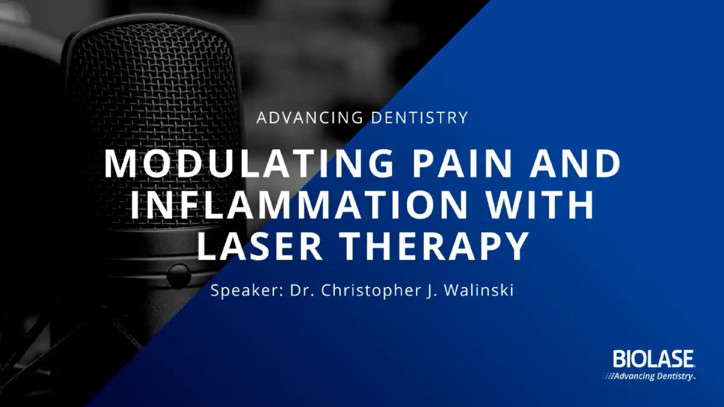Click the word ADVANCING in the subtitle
[310, 117]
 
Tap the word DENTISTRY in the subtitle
[419, 117]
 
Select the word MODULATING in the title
[249, 164]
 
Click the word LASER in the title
[260, 245]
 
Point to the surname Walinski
[478, 290]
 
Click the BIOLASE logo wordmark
[653, 359]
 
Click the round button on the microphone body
[178, 276]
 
